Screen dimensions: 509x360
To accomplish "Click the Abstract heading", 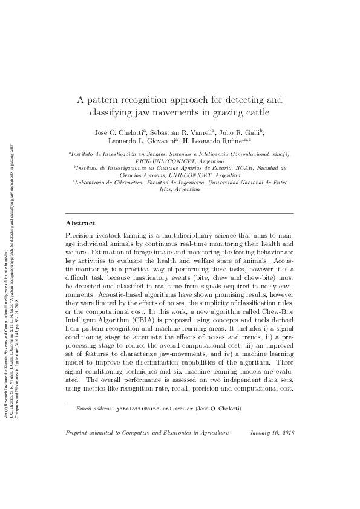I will click(80, 223).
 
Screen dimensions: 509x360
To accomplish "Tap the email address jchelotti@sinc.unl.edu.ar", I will click(154, 409).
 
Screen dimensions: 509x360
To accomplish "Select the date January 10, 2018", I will click(272, 433).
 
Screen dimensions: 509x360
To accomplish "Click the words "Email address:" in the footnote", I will click(94, 409).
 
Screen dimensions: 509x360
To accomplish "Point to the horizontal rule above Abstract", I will click(179, 213).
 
